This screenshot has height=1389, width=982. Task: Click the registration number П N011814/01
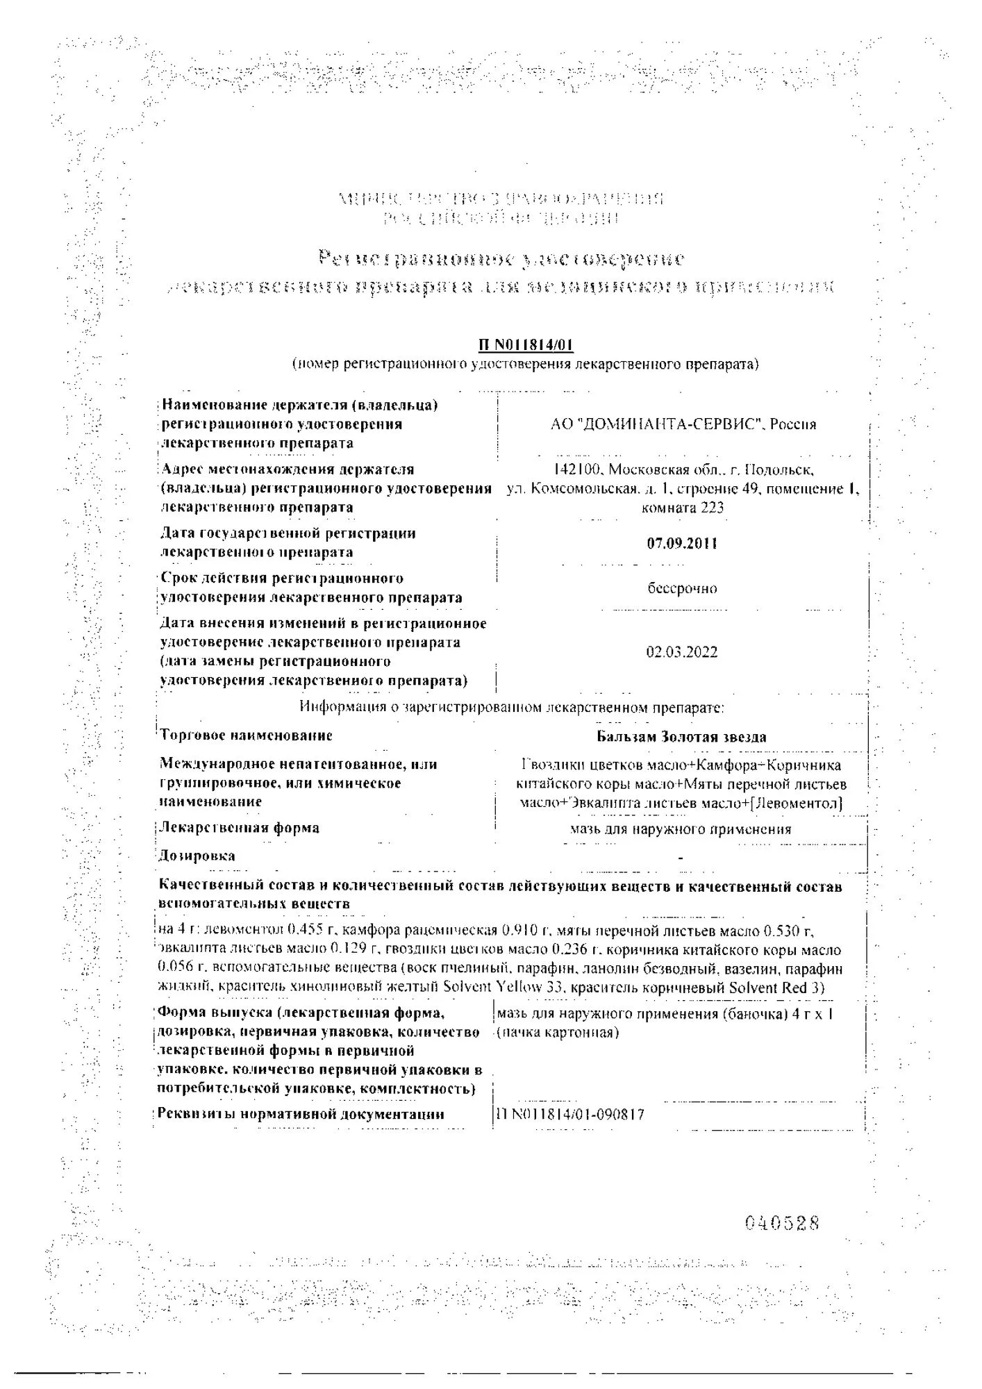tap(526, 345)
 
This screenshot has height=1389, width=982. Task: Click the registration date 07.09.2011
tap(682, 543)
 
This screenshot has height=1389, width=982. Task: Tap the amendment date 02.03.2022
tap(682, 652)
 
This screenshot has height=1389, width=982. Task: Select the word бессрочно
tap(682, 588)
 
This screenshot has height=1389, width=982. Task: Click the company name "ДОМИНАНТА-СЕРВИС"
tap(666, 424)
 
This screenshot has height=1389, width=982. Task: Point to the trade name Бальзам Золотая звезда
tap(681, 737)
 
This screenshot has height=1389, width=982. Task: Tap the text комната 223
tap(683, 508)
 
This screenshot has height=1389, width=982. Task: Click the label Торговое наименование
tap(246, 735)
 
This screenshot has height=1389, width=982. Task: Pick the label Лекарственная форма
tap(239, 828)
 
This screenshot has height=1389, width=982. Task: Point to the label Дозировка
tap(197, 856)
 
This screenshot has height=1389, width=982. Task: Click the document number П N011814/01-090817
tap(569, 1115)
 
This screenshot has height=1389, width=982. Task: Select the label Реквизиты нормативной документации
tap(301, 1114)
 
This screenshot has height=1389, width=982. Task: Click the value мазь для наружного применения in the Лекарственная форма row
tap(681, 829)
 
